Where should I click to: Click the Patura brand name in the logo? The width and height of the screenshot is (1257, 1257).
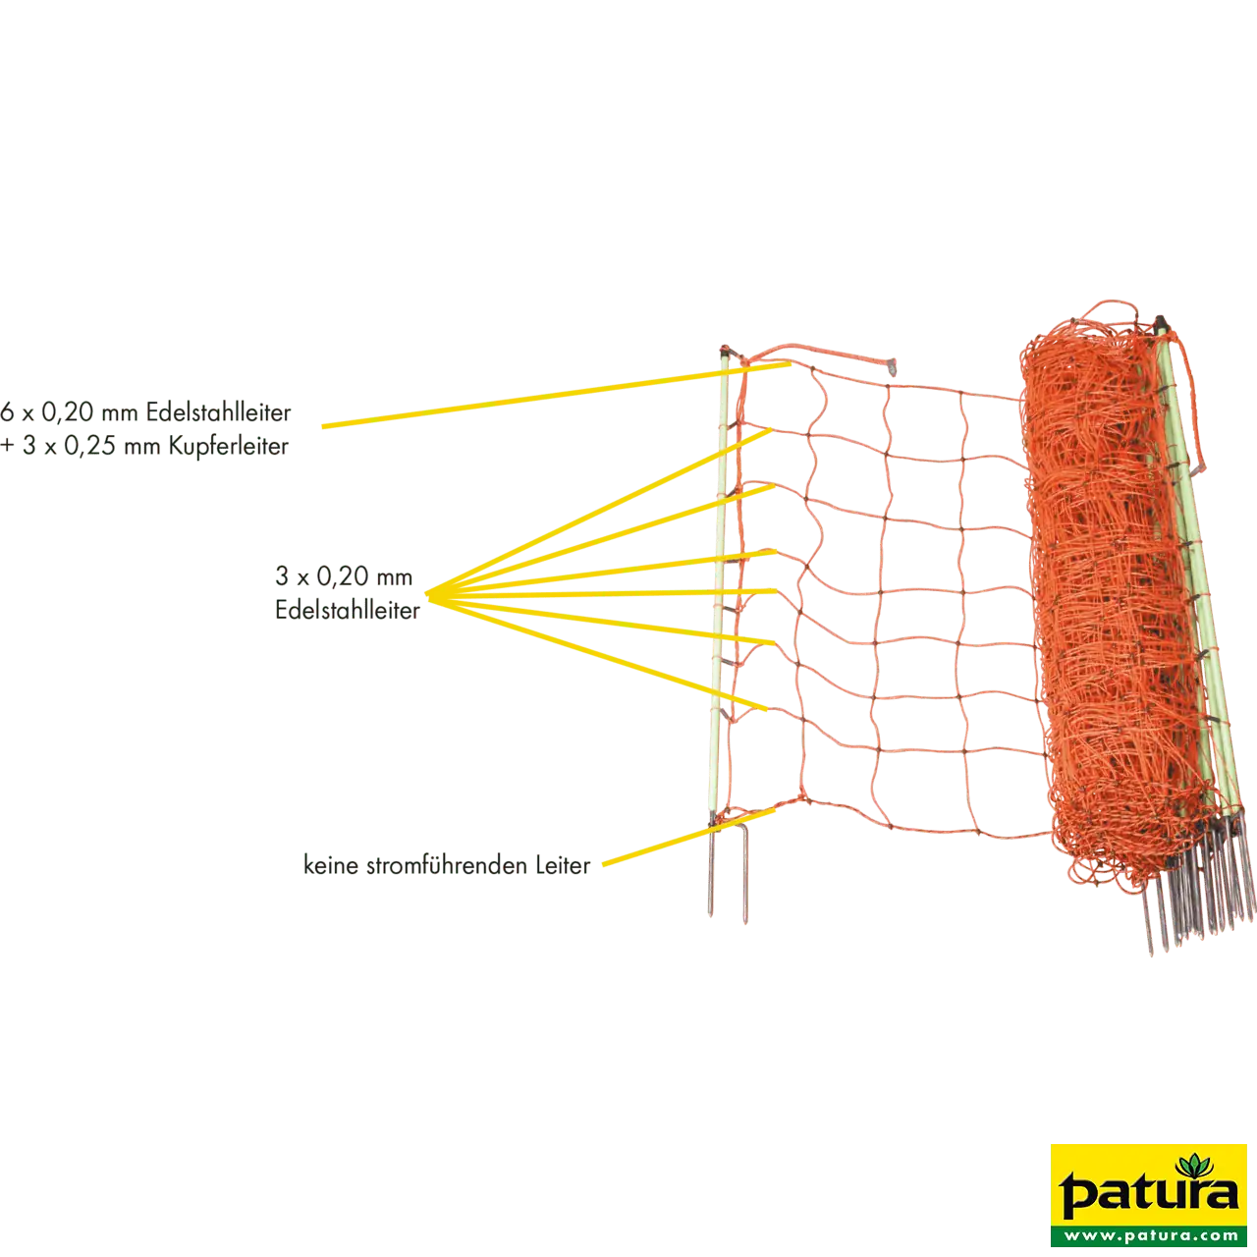[1148, 1192]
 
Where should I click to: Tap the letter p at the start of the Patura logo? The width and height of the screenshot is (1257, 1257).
[1072, 1196]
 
